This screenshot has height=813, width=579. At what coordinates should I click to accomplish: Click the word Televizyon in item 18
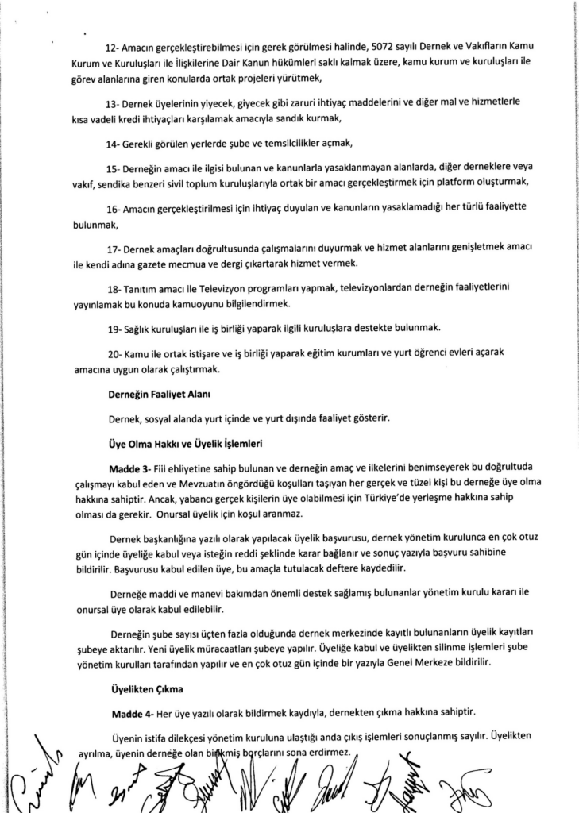click(x=221, y=290)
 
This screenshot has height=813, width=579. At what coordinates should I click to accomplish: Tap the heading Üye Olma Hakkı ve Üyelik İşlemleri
click(x=185, y=443)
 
